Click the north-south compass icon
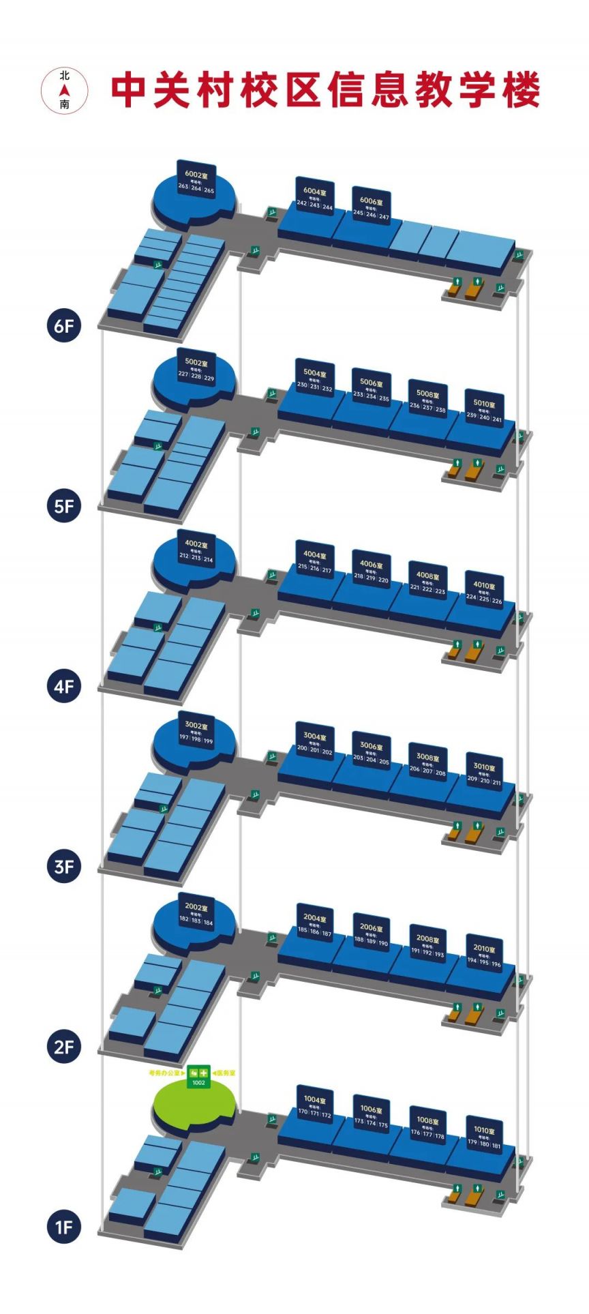click(x=65, y=90)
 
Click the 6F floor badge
click(x=63, y=326)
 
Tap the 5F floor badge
click(x=63, y=506)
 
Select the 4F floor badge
click(x=63, y=686)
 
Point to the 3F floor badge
click(x=63, y=867)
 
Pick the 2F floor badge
click(x=63, y=1047)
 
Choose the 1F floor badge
click(x=63, y=1227)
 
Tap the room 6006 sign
click(x=372, y=206)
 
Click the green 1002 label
click(x=199, y=1082)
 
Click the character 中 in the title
click(x=132, y=91)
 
